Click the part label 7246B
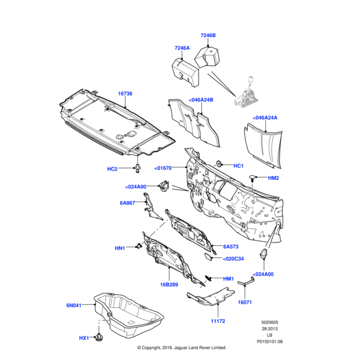(208, 35)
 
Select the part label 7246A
(182, 48)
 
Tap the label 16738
(125, 94)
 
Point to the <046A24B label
(201, 100)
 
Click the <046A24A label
(265, 118)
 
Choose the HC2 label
(112, 169)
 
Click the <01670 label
(163, 168)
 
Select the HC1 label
(238, 166)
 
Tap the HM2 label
(273, 178)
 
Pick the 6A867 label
(127, 203)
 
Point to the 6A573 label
(231, 247)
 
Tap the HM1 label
(228, 278)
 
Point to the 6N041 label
(74, 305)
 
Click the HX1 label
(83, 338)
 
